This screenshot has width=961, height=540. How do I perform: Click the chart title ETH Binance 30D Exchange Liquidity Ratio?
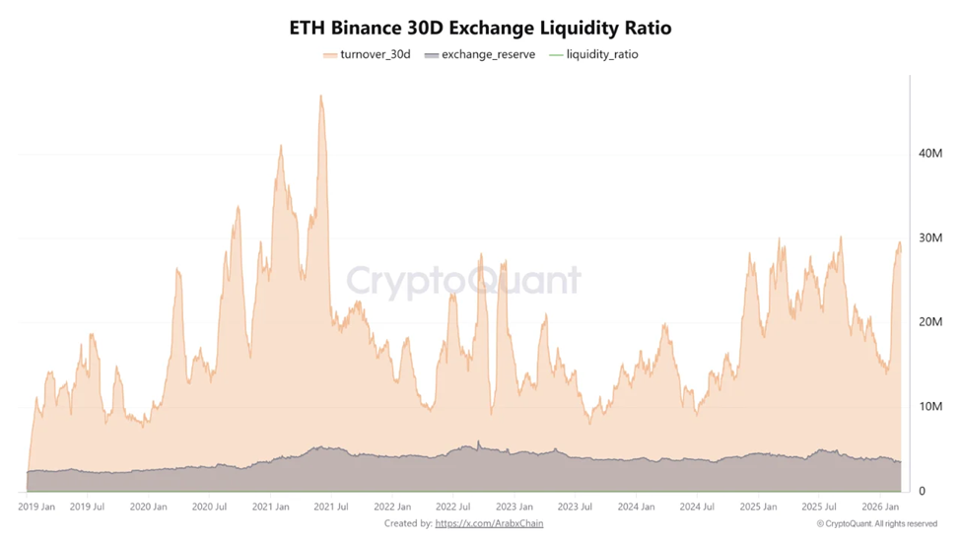480,27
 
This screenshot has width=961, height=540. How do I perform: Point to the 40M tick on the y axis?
929,153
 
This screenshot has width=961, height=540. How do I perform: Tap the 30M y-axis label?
929,237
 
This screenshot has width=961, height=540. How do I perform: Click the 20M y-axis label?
929,322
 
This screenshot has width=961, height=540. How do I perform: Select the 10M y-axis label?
929,406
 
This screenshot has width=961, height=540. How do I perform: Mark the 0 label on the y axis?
923,491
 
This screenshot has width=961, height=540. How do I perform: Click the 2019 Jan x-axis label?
36,506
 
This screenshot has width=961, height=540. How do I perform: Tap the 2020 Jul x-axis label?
209,506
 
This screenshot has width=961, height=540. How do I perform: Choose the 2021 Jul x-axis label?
330,506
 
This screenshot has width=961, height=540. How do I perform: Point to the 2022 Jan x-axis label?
392,506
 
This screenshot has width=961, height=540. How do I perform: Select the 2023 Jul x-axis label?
575,506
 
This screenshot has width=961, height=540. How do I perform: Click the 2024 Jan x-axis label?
636,506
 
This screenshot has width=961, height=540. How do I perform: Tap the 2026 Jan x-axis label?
879,506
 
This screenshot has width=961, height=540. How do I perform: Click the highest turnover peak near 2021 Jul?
320,97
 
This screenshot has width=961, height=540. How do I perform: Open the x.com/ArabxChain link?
489,523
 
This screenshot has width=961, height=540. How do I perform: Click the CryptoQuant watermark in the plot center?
463,281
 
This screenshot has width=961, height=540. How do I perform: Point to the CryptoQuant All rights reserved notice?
876,523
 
